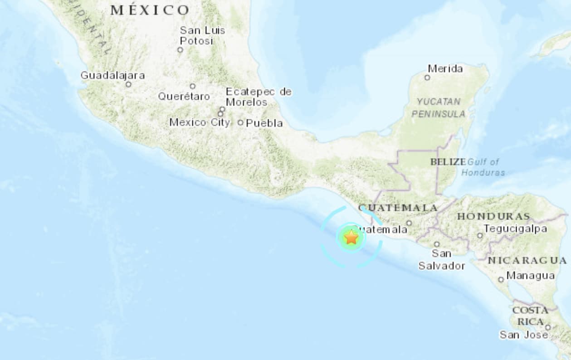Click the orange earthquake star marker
click(351, 237)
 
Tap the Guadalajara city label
click(112, 75)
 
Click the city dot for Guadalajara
click(128, 84)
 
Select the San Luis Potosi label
click(202, 35)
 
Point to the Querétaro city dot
click(192, 86)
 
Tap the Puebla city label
click(264, 123)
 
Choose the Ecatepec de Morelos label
click(259, 97)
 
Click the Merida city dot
click(427, 78)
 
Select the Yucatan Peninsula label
click(438, 107)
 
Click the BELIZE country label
click(448, 162)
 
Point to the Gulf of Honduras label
click(483, 167)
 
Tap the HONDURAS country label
click(493, 216)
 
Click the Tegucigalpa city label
click(515, 229)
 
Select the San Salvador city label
click(441, 260)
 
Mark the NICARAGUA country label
click(527, 261)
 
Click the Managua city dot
click(501, 279)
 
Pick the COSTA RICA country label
click(530, 316)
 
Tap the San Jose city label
click(523, 335)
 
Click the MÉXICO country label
click(150, 10)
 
